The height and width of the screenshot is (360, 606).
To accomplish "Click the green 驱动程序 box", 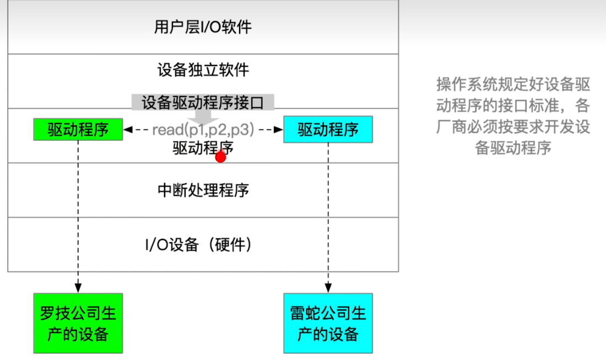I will pyautogui.click(x=78, y=129).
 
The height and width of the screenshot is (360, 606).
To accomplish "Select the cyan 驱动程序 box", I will pyautogui.click(x=328, y=129).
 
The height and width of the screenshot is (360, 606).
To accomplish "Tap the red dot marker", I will pyautogui.click(x=221, y=157).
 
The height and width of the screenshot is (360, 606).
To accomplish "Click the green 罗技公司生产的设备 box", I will pyautogui.click(x=78, y=324).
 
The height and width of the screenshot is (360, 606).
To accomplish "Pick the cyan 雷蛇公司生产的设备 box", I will pyautogui.click(x=328, y=324).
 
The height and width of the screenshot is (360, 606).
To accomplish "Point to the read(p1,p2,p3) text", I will pyautogui.click(x=203, y=130).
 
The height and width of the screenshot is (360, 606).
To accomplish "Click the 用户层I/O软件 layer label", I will pyautogui.click(x=203, y=27).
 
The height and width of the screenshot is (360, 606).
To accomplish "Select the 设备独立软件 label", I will pyautogui.click(x=203, y=70).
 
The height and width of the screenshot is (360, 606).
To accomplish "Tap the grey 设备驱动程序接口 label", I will pyautogui.click(x=203, y=102).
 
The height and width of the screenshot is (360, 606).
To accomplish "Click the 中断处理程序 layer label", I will pyautogui.click(x=203, y=190).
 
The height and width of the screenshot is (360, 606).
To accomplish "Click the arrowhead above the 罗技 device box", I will pyautogui.click(x=78, y=287).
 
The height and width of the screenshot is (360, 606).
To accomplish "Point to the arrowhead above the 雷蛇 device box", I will pyautogui.click(x=328, y=287).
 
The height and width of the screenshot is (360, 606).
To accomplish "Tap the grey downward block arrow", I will pyautogui.click(x=203, y=117).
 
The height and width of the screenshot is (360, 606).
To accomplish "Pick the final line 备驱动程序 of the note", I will pyautogui.click(x=513, y=148).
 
